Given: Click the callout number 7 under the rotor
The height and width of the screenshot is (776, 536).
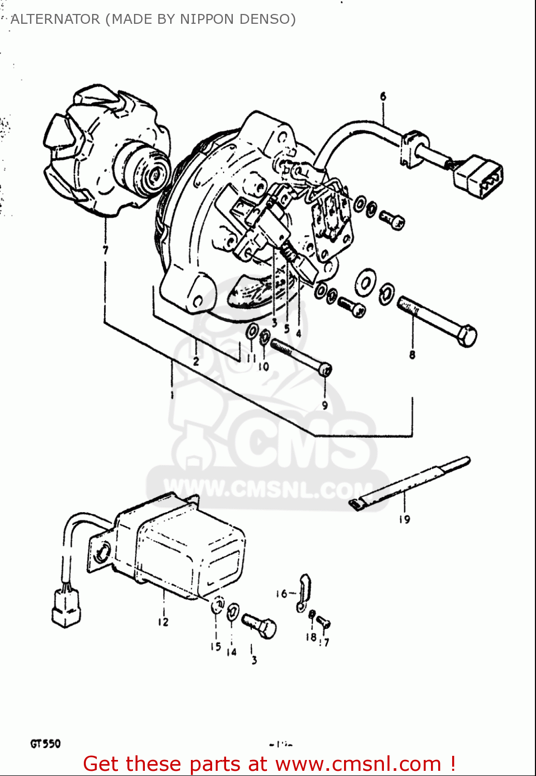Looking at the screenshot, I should click(106, 250).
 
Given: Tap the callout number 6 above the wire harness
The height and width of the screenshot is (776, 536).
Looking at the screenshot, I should click(383, 96).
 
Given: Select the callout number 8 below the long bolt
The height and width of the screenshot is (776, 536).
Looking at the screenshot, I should click(412, 355).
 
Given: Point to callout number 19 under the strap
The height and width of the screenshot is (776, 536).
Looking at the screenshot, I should click(404, 519).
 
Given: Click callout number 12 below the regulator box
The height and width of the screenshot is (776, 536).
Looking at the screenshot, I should click(163, 621).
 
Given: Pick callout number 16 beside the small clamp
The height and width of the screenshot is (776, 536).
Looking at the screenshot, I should click(281, 593).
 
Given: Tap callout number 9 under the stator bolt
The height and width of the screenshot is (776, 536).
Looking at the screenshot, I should click(325, 405).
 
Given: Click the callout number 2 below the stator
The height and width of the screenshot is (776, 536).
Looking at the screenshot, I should click(196, 361).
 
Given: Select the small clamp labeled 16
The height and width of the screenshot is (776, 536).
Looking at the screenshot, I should click(304, 591).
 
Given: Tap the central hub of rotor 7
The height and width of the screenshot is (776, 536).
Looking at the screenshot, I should click(155, 175).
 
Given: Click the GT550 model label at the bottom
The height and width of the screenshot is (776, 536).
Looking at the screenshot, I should click(46, 743).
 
